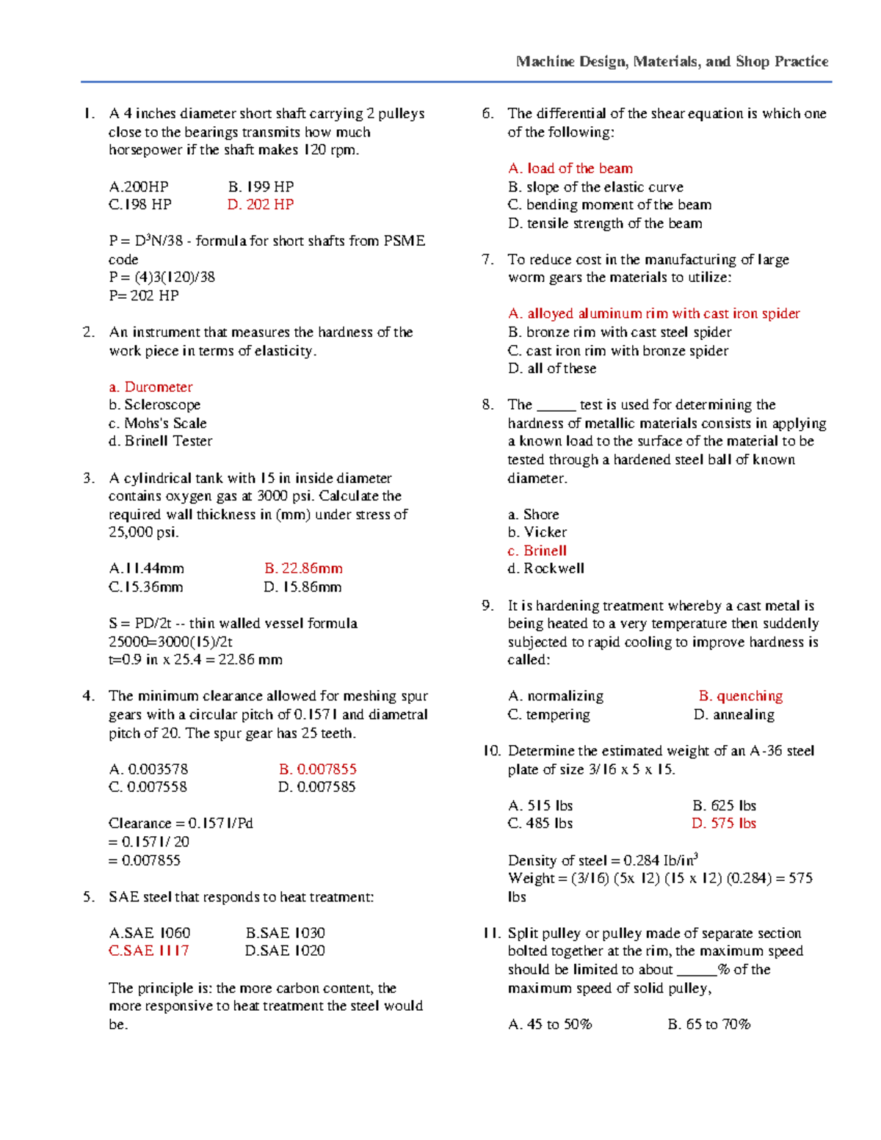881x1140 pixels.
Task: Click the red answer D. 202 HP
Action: point(260,205)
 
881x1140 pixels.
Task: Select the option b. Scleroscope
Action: point(154,405)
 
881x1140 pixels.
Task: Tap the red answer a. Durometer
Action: point(151,387)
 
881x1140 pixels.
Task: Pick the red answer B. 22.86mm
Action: point(303,569)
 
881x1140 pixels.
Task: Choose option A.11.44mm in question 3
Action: point(146,569)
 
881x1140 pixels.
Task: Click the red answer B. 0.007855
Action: point(317,769)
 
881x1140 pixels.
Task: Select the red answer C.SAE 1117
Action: point(148,951)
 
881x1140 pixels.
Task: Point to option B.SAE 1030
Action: point(285,933)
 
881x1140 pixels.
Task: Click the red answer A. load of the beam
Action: point(570,169)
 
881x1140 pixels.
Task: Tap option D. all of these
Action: point(552,368)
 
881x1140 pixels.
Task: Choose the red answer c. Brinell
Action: point(537,551)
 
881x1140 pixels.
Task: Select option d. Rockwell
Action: point(545,569)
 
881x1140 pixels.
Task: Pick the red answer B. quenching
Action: point(741,696)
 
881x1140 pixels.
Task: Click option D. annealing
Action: point(733,715)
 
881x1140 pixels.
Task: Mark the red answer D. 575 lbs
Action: point(724,824)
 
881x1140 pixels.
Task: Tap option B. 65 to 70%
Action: point(709,1024)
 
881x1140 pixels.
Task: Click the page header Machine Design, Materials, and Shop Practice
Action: point(672,62)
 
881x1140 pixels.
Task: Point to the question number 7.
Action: point(487,260)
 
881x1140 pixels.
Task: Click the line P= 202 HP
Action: point(144,296)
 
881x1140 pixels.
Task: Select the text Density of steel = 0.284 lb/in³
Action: point(603,860)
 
